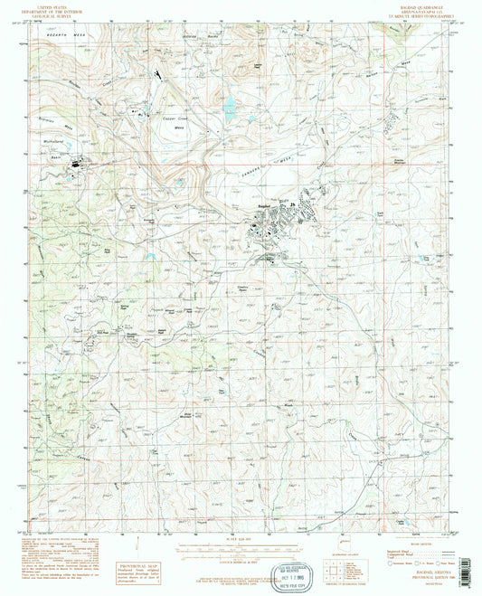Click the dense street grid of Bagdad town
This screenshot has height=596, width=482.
pyautogui.click(x=271, y=231)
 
